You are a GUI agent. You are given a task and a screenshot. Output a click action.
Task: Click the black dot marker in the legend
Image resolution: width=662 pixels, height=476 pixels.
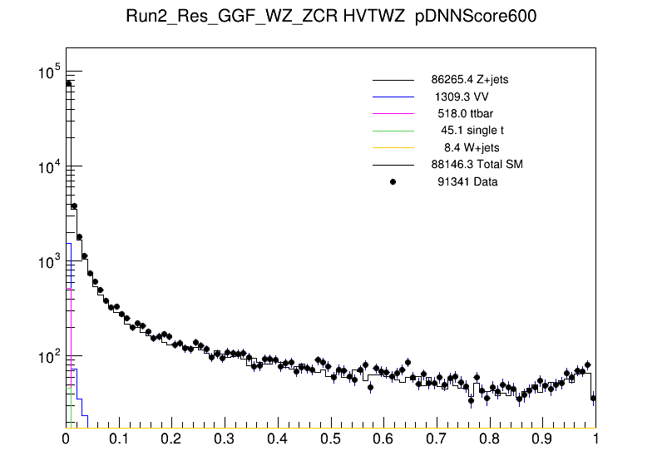point(393,181)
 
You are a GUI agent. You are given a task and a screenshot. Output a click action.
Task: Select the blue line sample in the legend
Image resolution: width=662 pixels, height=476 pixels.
point(393,97)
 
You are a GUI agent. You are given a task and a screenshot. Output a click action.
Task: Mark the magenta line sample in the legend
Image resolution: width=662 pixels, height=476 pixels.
point(393,113)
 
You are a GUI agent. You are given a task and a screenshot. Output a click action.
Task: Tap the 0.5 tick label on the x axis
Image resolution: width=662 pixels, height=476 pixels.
point(331,439)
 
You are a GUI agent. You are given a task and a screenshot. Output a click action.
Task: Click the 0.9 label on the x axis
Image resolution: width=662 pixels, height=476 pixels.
point(543,439)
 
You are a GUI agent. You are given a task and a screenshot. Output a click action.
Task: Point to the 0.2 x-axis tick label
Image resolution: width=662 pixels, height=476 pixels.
point(171,439)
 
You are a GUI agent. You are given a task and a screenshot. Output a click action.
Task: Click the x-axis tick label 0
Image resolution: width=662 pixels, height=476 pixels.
point(67,439)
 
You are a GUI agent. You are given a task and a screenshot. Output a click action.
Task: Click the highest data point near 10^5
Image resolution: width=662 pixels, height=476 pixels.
point(69,83)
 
